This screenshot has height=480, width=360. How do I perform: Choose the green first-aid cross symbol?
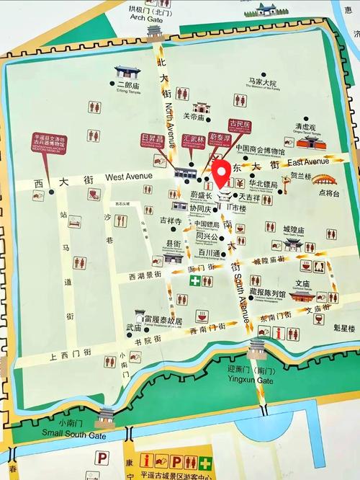(x=194, y=280)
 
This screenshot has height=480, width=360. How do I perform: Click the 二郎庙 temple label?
(x=125, y=84)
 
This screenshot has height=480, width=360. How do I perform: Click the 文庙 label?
(x=302, y=283)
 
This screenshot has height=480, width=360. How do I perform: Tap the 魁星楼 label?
(x=346, y=327)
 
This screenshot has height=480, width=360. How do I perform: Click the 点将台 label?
(x=328, y=194)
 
